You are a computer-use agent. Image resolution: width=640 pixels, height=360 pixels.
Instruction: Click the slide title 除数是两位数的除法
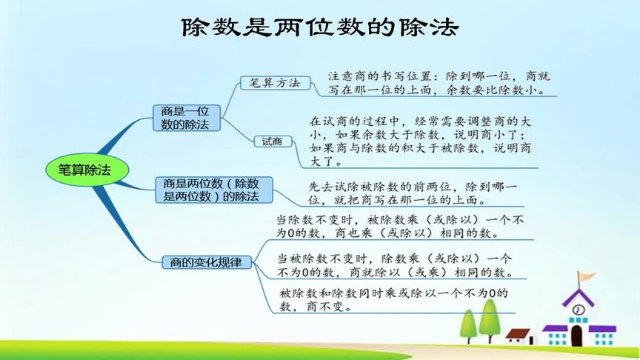pyautogui.click(x=320, y=28)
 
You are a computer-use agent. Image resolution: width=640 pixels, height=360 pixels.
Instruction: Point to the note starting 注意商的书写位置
pyautogui.click(x=440, y=84)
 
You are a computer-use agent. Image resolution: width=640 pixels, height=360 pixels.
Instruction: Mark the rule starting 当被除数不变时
pyautogui.click(x=395, y=264)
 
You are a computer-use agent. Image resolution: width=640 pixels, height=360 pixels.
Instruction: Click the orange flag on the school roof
pyautogui.click(x=587, y=276)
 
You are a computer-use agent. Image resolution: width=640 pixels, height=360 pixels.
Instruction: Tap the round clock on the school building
pyautogui.click(x=577, y=309)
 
